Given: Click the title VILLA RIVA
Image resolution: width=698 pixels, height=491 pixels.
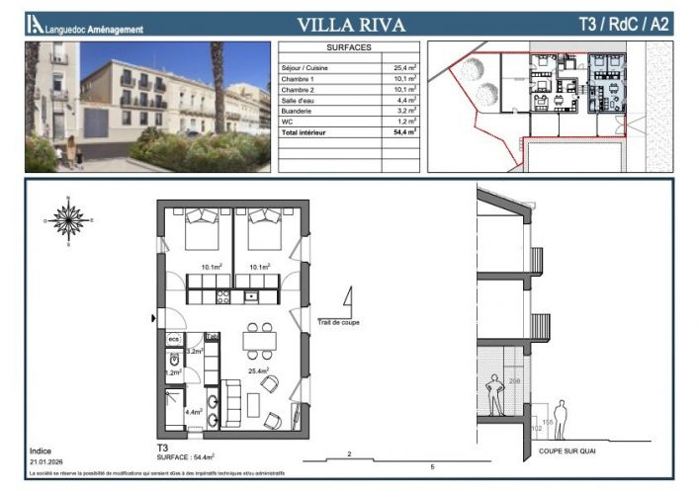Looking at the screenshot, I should [x=352, y=25].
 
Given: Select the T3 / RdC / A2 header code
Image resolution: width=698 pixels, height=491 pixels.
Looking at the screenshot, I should [x=622, y=25].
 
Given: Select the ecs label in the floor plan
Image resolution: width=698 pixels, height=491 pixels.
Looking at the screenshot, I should [x=174, y=338].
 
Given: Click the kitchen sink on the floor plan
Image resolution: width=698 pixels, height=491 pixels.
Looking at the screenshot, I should [x=251, y=295].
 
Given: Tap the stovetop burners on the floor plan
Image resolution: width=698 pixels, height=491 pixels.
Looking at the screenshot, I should [x=223, y=295].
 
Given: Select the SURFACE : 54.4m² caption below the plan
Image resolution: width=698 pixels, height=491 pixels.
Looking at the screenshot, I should [x=187, y=456].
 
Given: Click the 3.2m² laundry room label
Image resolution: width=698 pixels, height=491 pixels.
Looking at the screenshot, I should [x=195, y=351].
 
